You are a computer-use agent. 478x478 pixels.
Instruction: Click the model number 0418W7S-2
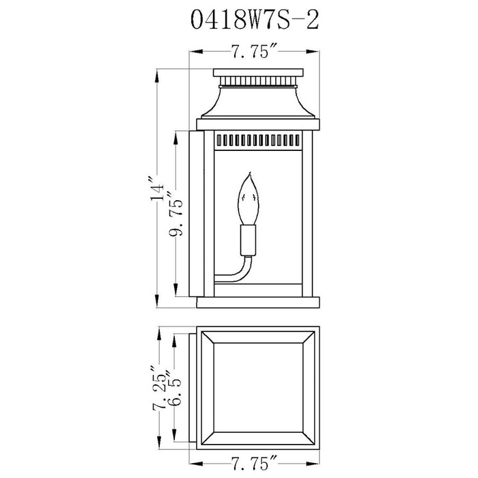point(255,20)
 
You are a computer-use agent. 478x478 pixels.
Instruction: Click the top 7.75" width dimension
point(255,51)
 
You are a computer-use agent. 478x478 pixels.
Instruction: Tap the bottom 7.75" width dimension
point(255,464)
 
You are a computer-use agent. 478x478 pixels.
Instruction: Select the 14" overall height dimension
point(157,188)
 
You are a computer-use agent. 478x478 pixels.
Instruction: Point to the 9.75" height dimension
point(176,214)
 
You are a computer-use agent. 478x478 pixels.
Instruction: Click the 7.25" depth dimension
point(160,388)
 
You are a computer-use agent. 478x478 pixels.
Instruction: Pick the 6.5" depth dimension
point(174,388)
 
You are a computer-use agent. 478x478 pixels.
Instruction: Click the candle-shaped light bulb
point(249,199)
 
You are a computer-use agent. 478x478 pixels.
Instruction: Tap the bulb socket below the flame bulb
point(248,240)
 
